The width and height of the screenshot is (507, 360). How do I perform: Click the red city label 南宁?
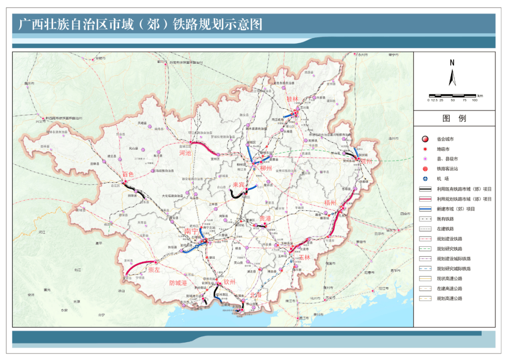click(x=191, y=231)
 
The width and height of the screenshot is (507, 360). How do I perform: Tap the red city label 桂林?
click(x=292, y=99)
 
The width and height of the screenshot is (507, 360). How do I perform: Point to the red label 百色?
click(x=128, y=175)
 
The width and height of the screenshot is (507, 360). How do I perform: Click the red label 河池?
click(x=185, y=153)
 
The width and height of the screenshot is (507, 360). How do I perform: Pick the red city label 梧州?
click(x=330, y=203)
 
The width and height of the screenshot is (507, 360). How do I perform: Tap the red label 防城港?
click(x=178, y=283)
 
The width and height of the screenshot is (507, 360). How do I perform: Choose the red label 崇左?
click(x=154, y=269)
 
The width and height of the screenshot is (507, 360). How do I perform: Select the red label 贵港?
click(x=265, y=218)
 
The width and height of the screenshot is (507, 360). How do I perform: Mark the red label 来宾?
click(x=238, y=185)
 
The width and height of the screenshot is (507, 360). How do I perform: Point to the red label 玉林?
click(x=304, y=257)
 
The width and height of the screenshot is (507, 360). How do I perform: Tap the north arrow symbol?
click(x=452, y=76)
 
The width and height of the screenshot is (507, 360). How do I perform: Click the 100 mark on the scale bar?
click(x=475, y=100)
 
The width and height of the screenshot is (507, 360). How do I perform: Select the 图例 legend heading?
click(x=454, y=119)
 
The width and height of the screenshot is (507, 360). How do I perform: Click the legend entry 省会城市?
click(x=445, y=139)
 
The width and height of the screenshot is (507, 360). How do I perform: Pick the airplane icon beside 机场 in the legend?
click(x=425, y=179)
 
